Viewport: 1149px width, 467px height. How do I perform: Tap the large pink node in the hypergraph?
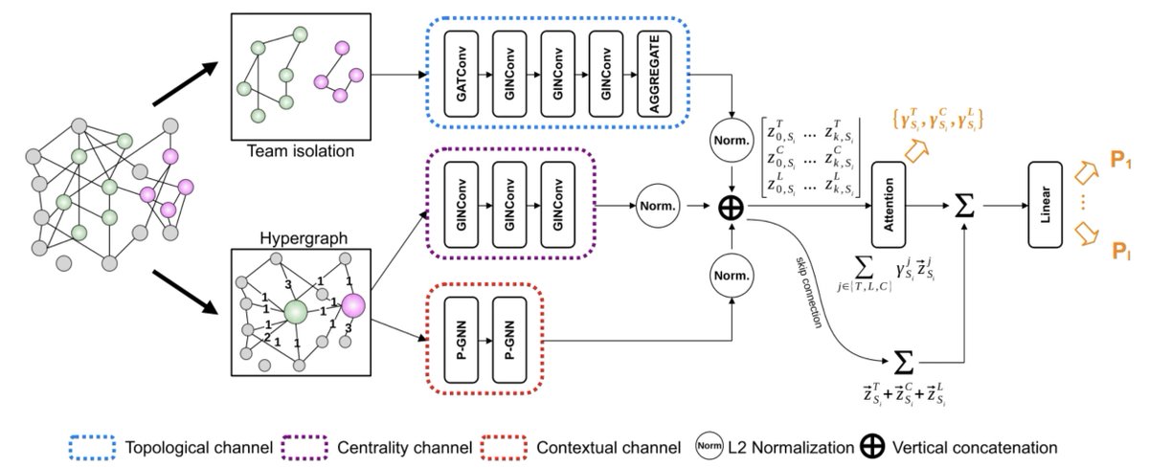[352, 305]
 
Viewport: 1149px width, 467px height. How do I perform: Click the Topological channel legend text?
[198, 447]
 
